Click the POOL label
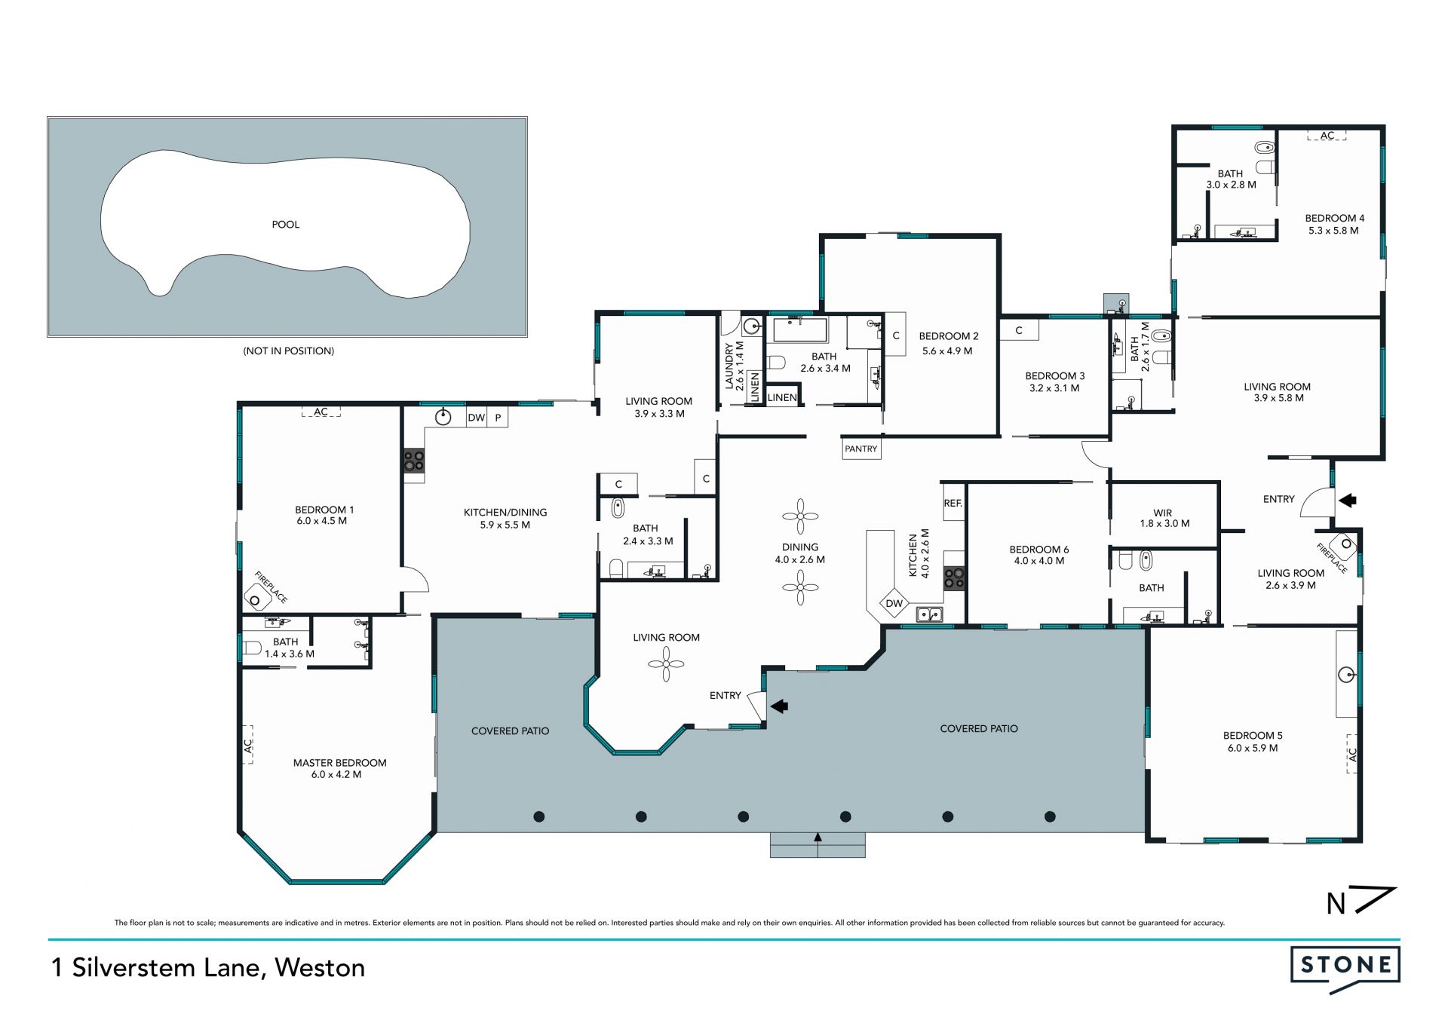(285, 225)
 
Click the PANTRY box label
(861, 449)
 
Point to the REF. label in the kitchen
(953, 503)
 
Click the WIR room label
(1163, 513)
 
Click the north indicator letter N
(1336, 903)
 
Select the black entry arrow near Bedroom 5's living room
(1347, 500)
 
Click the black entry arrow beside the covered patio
(779, 706)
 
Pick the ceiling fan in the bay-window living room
(666, 664)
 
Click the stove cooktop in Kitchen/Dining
(413, 461)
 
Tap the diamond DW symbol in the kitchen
(894, 603)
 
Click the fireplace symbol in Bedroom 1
(256, 599)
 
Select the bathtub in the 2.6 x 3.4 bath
(800, 330)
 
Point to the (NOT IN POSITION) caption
(288, 351)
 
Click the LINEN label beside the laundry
(755, 386)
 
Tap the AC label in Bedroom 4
(1327, 136)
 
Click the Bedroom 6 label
(1039, 550)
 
